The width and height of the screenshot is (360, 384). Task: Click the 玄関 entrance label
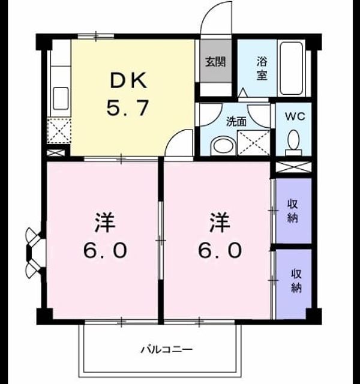tap(215, 62)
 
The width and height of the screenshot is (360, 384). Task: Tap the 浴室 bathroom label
tap(262, 68)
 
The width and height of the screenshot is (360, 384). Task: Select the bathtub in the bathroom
tap(291, 68)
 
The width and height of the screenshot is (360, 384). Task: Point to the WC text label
tap(295, 116)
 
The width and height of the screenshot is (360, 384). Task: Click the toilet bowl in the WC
tap(293, 142)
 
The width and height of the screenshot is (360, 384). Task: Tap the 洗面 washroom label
tap(236, 122)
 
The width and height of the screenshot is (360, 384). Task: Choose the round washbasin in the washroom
tap(223, 146)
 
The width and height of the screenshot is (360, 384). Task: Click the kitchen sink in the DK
tap(61, 98)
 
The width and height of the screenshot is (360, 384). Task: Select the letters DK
tap(128, 80)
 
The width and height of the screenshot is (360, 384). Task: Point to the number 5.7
tap(128, 107)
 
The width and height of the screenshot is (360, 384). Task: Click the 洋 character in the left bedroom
tap(104, 223)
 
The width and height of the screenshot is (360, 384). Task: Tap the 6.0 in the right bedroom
tap(220, 250)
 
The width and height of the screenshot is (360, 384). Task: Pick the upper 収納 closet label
tap(292, 211)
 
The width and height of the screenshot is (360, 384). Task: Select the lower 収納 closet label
tap(296, 281)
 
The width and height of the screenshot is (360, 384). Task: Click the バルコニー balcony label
tap(166, 349)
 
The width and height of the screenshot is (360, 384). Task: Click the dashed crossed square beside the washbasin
tap(253, 143)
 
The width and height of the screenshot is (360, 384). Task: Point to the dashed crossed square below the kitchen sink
tap(59, 131)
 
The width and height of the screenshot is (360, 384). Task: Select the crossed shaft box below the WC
tap(293, 167)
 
